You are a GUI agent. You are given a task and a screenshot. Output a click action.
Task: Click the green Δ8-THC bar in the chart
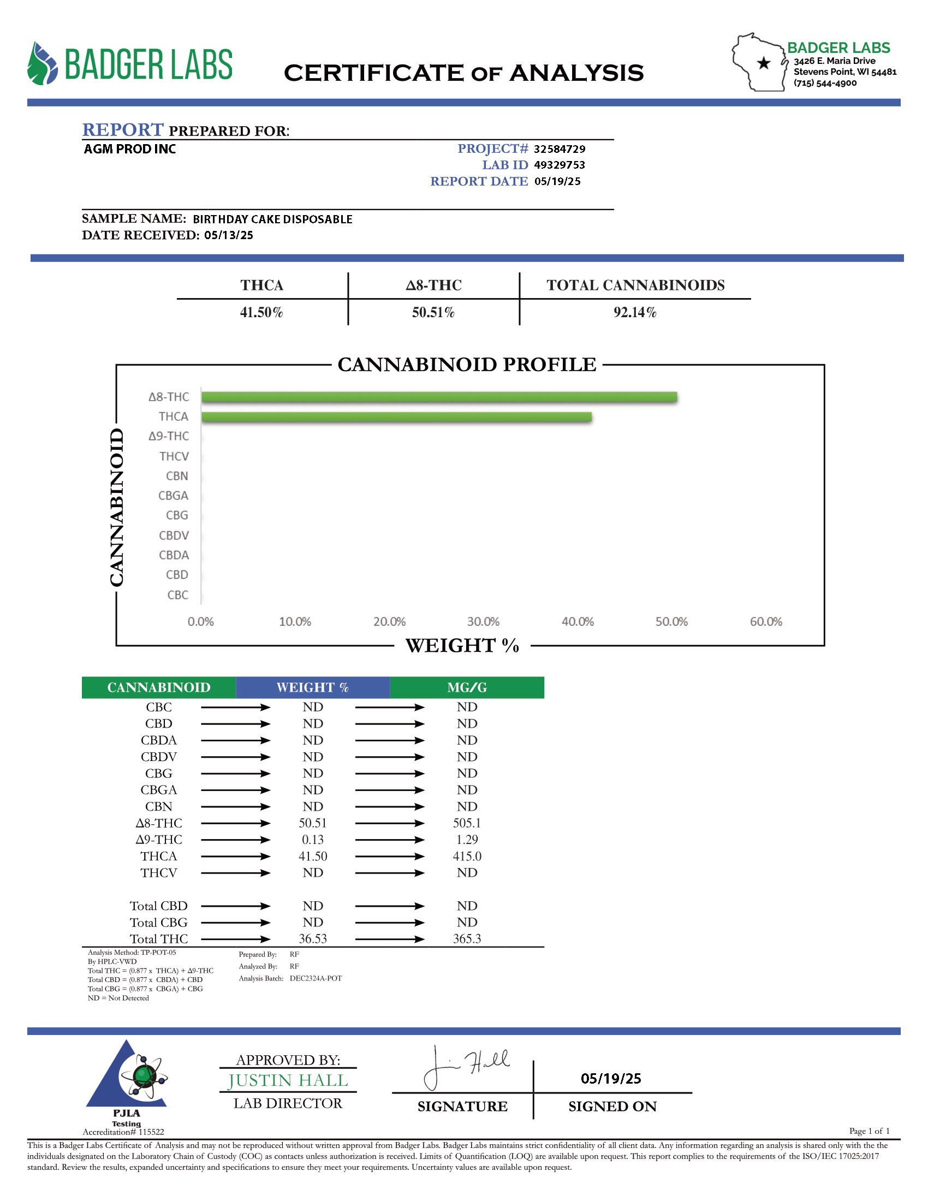click(439, 397)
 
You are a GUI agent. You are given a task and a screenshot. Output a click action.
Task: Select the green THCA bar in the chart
click(396, 417)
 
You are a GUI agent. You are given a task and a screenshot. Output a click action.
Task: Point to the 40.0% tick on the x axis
click(577, 621)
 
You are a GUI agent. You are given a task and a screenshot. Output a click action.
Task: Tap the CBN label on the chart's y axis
click(177, 475)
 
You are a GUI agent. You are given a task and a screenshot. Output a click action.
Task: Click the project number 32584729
click(559, 149)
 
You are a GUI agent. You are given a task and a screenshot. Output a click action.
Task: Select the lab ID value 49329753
click(559, 165)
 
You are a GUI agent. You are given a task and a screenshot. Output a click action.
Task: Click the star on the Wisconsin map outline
click(763, 63)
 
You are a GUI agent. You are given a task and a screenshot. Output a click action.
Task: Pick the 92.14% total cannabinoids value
click(635, 312)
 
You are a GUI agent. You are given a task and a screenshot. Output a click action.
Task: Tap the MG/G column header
click(467, 687)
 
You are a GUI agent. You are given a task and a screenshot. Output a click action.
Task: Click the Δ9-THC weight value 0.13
click(313, 840)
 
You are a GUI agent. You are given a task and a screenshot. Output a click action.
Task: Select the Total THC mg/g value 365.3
click(467, 939)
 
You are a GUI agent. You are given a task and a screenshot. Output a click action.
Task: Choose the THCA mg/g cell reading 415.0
click(467, 856)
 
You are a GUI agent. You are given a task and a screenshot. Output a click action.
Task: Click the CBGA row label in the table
click(159, 790)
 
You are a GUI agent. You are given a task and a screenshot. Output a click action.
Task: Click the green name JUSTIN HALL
click(288, 1080)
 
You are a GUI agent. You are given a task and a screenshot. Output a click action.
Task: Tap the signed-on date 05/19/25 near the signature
click(611, 1078)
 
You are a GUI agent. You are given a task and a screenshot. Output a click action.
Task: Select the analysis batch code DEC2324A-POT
click(316, 978)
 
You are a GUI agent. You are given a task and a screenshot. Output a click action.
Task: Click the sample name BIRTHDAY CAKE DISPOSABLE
click(273, 219)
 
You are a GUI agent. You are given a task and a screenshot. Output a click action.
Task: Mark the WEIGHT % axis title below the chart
click(462, 645)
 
